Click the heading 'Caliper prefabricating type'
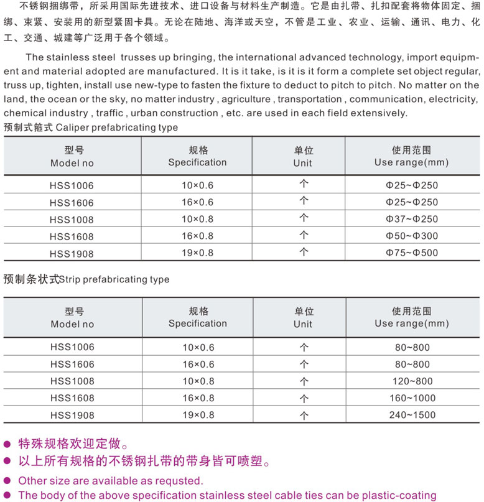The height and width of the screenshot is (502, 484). point(116,128)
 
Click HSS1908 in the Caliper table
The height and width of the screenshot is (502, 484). point(72,253)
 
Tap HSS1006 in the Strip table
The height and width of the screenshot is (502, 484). point(72,347)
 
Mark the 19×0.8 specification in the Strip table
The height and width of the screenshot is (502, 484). point(197,414)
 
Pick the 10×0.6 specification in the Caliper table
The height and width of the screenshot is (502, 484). point(197,185)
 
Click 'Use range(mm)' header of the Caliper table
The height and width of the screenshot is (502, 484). point(411,162)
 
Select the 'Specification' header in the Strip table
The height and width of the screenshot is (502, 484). point(197,323)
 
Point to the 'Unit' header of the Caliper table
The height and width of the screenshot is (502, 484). point(302,163)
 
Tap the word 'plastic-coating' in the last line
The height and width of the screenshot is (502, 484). point(400,496)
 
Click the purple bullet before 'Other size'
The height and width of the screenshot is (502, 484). point(7,481)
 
